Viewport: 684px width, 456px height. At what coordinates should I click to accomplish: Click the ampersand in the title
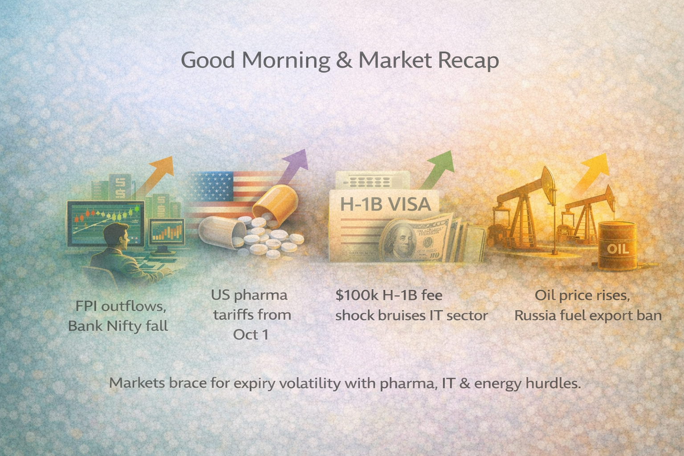pyautogui.click(x=344, y=60)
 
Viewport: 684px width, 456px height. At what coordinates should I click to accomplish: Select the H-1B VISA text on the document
pyautogui.click(x=386, y=204)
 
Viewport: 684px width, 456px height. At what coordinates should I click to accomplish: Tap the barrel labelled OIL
pyautogui.click(x=618, y=247)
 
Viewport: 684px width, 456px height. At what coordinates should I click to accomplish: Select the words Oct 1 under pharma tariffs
pyautogui.click(x=251, y=334)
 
